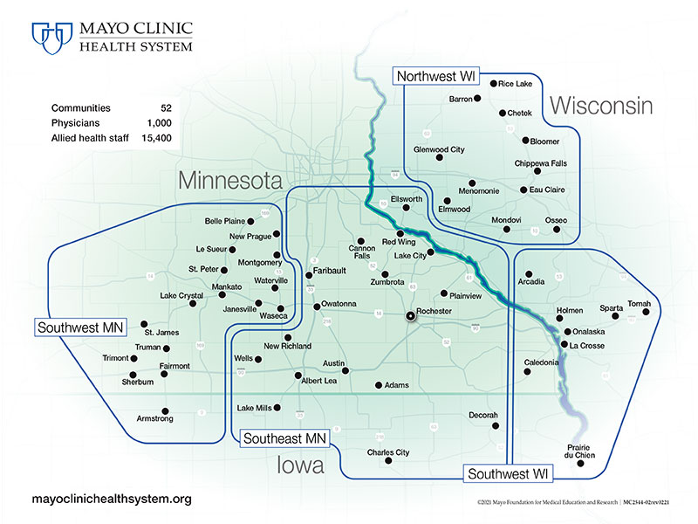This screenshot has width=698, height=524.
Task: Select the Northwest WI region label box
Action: pos(436,77)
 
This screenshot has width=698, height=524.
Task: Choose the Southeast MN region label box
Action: pos(284,438)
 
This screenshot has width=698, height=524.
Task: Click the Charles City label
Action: pos(388,452)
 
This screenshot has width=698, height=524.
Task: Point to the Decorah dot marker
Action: pos(496,426)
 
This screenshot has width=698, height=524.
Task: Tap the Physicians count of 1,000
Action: pos(160,123)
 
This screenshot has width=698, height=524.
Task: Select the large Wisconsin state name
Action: pos(601,107)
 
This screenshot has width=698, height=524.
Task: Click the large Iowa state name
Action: pos(300,465)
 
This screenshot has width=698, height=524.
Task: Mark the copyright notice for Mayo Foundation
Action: pos(582,504)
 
